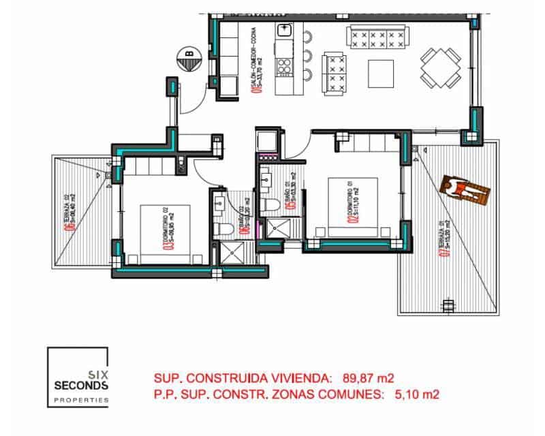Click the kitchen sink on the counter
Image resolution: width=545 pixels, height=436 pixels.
pyautogui.click(x=284, y=31)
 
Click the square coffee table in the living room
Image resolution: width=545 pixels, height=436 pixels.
pyautogui.click(x=380, y=71)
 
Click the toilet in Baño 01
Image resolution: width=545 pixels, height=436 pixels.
pyautogui.click(x=270, y=204)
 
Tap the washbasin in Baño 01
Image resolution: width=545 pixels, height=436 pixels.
pyautogui.click(x=268, y=179)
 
